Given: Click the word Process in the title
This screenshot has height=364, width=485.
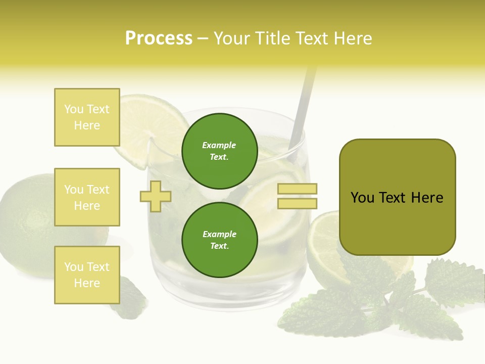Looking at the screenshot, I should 159,38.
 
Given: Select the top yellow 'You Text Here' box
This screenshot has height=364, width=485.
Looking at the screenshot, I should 87,117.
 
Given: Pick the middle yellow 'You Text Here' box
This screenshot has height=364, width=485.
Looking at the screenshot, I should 87,197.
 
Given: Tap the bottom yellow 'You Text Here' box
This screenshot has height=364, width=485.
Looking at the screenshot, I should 87,275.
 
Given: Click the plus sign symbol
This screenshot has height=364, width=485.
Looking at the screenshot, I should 155,196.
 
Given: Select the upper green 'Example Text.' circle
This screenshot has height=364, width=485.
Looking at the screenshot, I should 219,151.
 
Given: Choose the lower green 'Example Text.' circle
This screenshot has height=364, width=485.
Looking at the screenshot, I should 219,240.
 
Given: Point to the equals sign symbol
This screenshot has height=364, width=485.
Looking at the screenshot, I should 297,196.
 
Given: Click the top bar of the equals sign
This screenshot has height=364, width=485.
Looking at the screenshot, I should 297,189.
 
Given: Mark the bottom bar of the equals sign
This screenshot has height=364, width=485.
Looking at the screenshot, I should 297,203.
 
